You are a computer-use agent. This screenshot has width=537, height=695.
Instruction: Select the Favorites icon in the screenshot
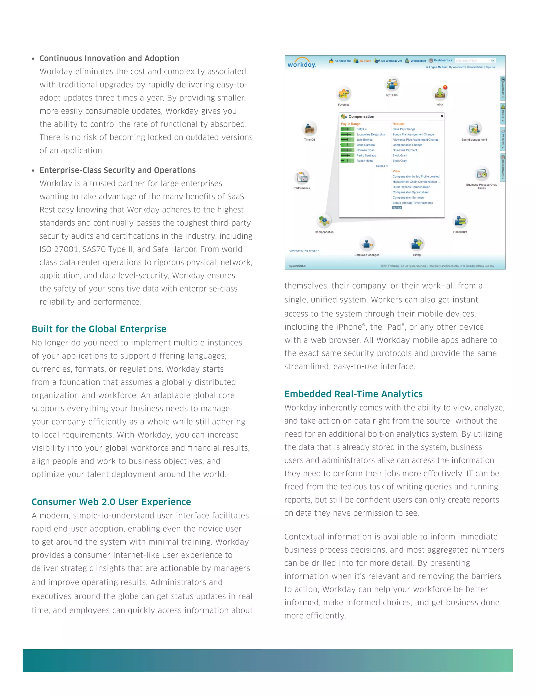[343, 94]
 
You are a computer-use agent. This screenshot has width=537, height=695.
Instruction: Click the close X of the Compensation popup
[442, 116]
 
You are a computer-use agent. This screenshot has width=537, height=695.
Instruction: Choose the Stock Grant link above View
[400, 161]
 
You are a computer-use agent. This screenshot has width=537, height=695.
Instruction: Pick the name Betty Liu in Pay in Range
[362, 129]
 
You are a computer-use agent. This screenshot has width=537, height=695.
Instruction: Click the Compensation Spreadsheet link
[410, 192]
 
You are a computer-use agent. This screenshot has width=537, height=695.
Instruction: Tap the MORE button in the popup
[397, 208]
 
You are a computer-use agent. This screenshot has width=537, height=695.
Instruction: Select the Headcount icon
[460, 221]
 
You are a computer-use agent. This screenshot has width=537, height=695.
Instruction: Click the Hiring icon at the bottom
[417, 244]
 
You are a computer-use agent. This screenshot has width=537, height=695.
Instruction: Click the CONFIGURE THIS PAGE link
[304, 251]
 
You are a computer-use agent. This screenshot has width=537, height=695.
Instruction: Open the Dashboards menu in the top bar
[442, 61]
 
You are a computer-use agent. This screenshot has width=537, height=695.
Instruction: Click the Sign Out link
[491, 67]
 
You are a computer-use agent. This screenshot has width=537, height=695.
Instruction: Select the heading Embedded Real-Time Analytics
[353, 394]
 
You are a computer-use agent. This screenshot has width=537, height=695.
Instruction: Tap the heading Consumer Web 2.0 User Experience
[111, 502]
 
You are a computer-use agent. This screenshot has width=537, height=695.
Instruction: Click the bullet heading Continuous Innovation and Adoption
[109, 58]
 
